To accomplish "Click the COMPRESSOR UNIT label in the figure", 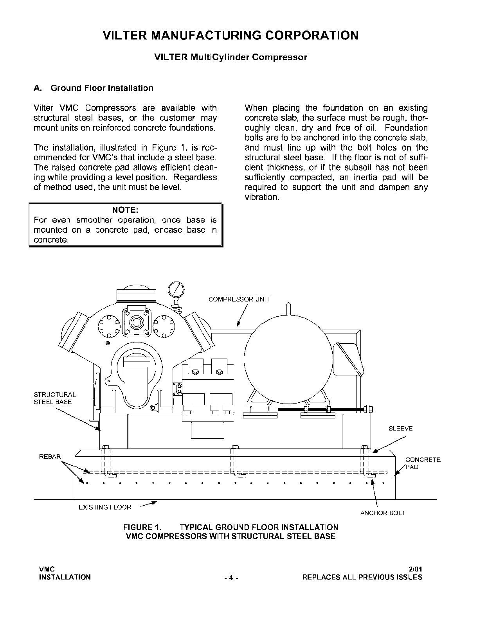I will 239,299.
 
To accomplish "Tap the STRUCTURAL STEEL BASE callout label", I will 55,398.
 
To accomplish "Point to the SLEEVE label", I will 400,429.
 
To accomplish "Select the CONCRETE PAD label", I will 423,463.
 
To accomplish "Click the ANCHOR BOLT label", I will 383,513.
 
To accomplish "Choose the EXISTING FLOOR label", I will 105,507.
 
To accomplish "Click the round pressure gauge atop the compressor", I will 175,290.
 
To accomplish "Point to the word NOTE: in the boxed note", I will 125,210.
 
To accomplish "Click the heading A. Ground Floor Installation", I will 94,88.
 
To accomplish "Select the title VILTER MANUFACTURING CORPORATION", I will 230,36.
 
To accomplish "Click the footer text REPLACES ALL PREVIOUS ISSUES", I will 362,577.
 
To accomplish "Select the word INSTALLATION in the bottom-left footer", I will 65,577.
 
